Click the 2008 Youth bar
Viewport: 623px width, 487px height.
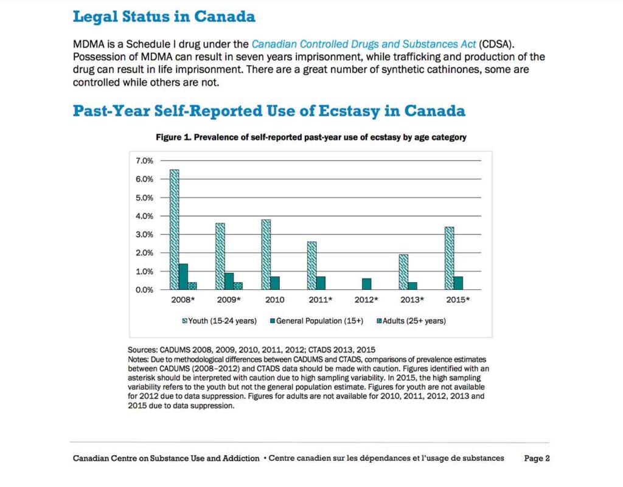pos(174,230)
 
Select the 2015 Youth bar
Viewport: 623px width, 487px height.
pos(450,258)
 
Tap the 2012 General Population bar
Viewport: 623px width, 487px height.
pos(366,284)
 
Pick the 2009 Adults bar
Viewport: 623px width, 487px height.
pos(238,286)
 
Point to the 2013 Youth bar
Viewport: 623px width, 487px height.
pos(403,272)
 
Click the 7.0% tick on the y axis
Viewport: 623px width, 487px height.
pos(144,161)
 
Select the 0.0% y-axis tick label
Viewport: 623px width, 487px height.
pos(144,289)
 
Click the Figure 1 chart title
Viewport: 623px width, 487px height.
pos(311,137)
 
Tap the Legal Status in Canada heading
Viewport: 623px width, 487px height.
pos(164,16)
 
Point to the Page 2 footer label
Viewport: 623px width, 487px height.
pos(537,458)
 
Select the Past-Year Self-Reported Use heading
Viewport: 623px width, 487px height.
pos(269,111)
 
